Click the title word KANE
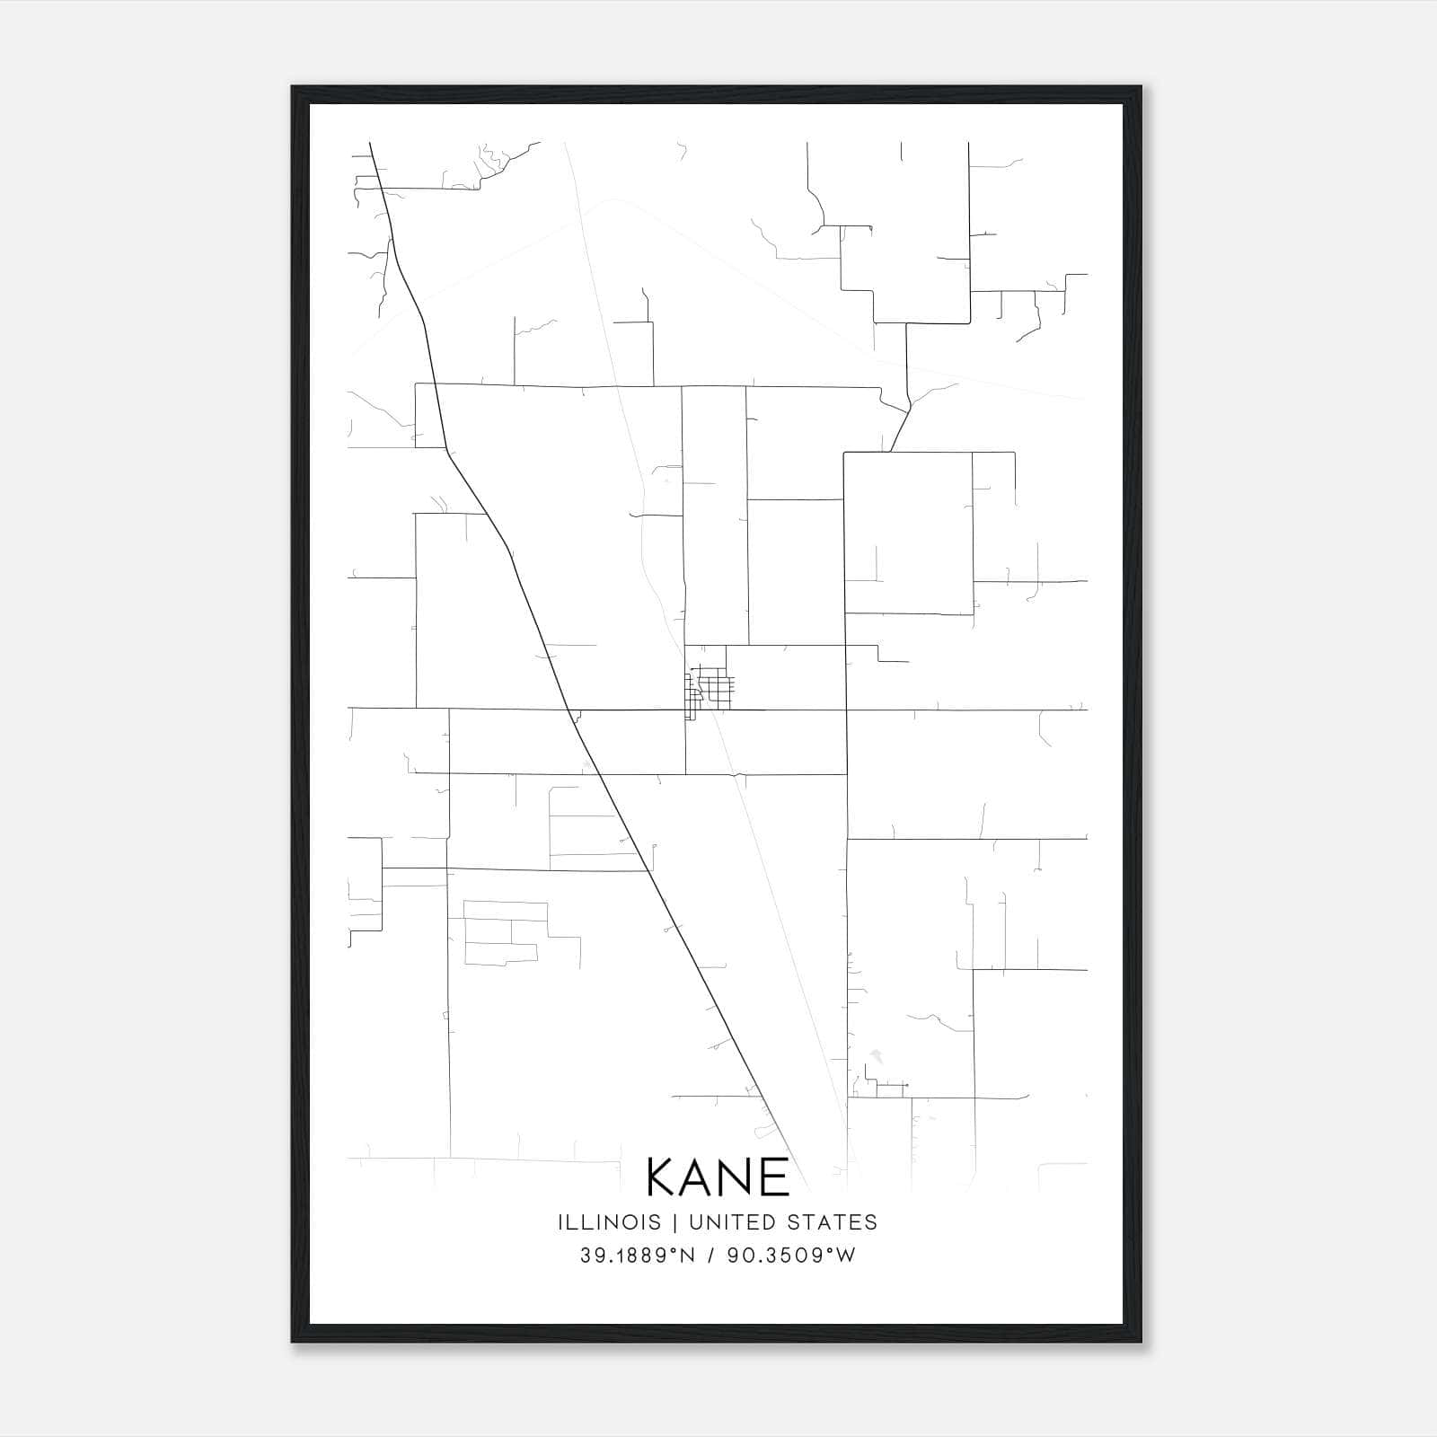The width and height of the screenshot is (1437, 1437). pos(718,1177)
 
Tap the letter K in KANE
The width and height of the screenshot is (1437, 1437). pos(663,1177)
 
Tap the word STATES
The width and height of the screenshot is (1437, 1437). pos(833,1222)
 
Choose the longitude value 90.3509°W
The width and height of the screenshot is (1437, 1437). pos(791,1256)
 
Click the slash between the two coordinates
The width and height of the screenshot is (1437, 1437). pos(711,1256)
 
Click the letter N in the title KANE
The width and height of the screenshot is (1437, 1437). pos(739,1177)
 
